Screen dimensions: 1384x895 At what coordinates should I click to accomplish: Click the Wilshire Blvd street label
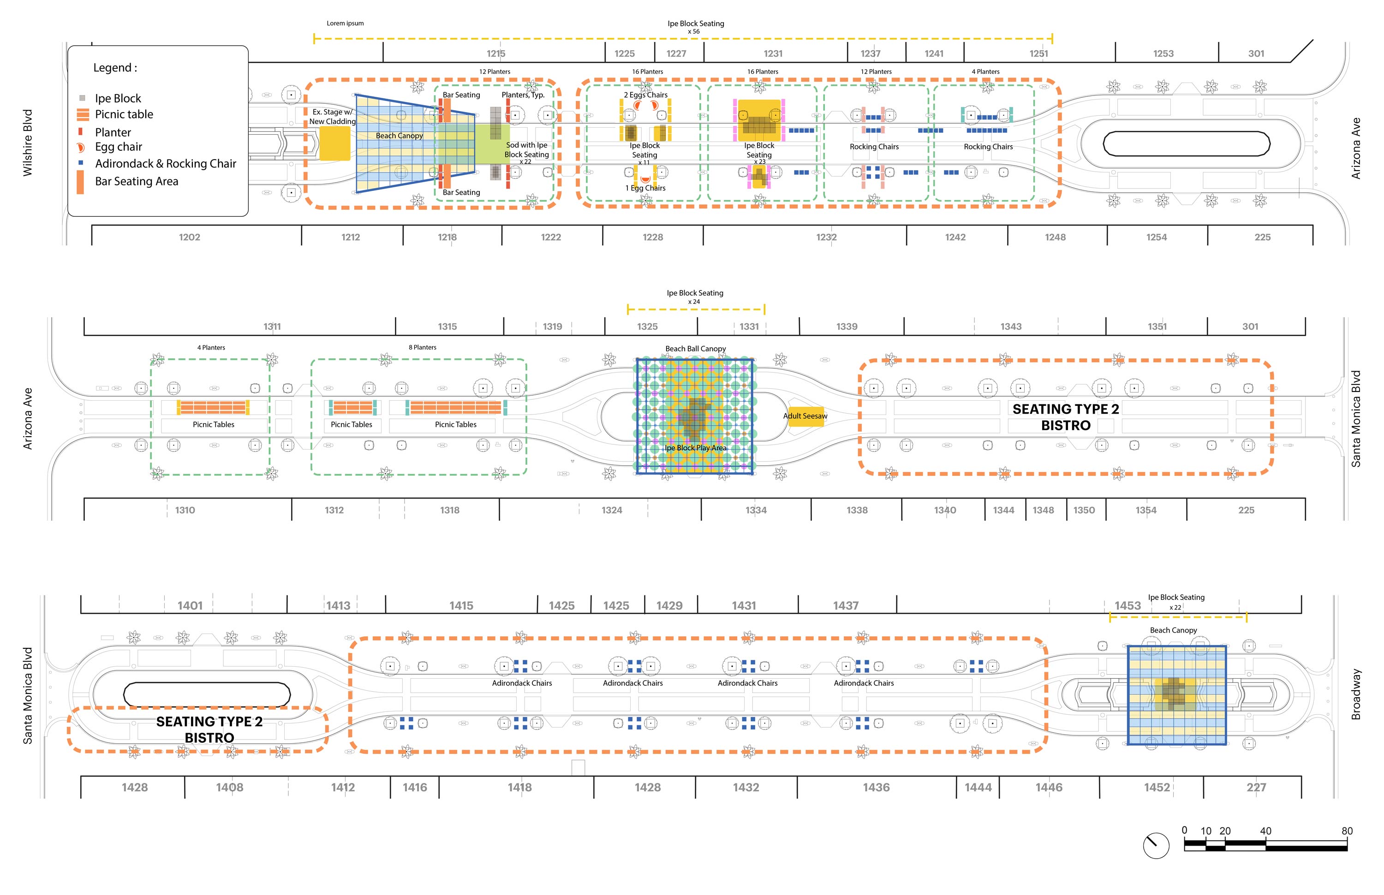pos(27,143)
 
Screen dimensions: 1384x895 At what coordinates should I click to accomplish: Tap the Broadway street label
pos(1356,694)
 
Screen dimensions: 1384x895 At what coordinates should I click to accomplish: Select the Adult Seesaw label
pos(805,415)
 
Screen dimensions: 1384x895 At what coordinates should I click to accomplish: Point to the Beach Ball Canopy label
pos(696,349)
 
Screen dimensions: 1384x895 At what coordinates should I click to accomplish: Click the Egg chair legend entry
pos(110,147)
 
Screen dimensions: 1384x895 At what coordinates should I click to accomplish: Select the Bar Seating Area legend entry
pos(128,181)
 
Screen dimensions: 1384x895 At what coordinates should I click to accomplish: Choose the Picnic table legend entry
pos(116,114)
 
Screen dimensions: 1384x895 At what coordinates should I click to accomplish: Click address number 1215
pos(496,53)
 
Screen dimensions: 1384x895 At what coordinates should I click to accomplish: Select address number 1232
pos(826,237)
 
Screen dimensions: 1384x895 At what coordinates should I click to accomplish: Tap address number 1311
pos(272,326)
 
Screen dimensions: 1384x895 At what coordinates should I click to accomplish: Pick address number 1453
pos(1127,605)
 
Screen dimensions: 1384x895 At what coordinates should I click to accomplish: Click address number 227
pos(1256,788)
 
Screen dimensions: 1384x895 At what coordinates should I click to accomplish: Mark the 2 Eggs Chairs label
pos(645,95)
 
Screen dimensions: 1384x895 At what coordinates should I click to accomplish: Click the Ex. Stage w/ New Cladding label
pos(332,117)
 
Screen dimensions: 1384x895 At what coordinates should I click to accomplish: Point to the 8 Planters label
pos(422,348)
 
